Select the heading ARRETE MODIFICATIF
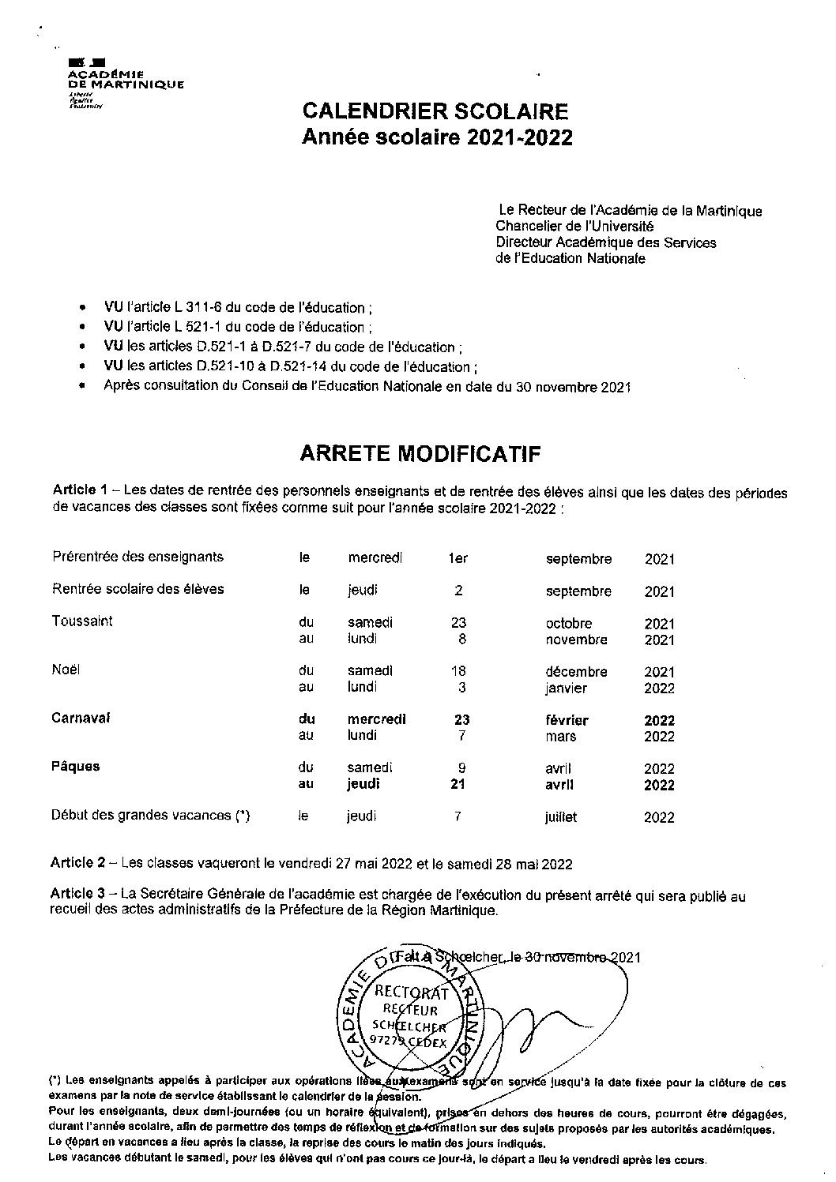coord(420,453)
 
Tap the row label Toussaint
coord(82,621)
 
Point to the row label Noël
coord(66,670)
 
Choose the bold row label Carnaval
coord(81,718)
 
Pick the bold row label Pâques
coord(76,766)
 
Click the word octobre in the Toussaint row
coord(568,624)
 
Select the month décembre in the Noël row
coord(576,672)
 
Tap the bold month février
coord(567,720)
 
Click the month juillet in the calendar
coord(560,817)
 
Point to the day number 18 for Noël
coord(458,671)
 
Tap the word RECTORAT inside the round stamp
coord(411,993)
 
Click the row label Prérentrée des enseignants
coord(137,557)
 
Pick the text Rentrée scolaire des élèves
coord(137,589)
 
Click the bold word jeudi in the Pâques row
coord(363,784)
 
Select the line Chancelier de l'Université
coord(569,227)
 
